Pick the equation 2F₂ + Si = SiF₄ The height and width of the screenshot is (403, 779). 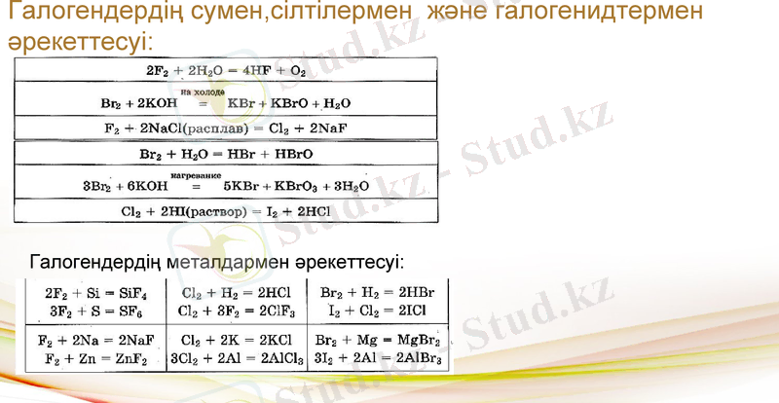point(93,292)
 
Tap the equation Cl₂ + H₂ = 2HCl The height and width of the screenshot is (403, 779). point(231,292)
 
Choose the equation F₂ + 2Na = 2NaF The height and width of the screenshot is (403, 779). point(93,341)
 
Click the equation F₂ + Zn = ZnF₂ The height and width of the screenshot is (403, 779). point(93,358)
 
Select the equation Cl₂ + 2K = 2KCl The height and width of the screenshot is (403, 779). point(231,341)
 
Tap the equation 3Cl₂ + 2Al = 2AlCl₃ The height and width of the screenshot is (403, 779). point(231,358)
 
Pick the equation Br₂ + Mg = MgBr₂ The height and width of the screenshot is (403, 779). point(377,341)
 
